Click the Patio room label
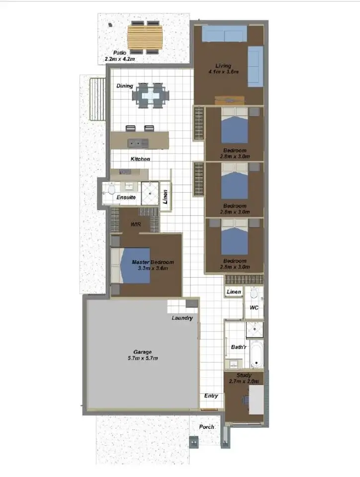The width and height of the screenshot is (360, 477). [119, 52]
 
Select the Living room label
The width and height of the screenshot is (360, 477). [227, 66]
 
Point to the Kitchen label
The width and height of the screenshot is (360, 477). [140, 159]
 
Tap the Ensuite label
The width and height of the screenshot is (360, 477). [126, 197]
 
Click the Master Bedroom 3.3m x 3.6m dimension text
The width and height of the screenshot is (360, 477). [153, 268]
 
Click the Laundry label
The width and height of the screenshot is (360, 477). [182, 318]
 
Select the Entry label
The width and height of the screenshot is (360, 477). [211, 396]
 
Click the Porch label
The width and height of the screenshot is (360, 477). [206, 427]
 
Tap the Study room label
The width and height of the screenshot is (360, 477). [244, 376]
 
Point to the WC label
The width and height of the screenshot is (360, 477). [254, 308]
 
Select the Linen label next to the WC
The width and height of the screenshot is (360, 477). [234, 292]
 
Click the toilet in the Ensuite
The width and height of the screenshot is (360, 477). [110, 189]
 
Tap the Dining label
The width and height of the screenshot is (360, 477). [125, 86]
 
